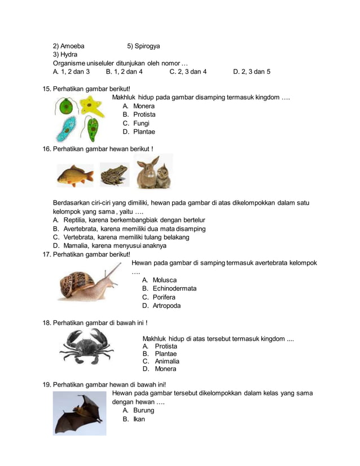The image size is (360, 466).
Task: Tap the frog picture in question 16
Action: click(x=114, y=175)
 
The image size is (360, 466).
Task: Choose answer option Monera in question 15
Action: click(x=143, y=106)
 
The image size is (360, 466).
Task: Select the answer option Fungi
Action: click(x=142, y=123)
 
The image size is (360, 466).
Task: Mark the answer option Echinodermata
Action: click(x=174, y=288)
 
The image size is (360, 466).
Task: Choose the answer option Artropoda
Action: click(x=166, y=306)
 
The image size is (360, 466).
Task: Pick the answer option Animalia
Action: click(x=167, y=361)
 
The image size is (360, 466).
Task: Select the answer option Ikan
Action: click(x=139, y=419)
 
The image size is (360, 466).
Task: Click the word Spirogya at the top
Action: click(x=147, y=46)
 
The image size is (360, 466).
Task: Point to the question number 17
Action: click(x=47, y=254)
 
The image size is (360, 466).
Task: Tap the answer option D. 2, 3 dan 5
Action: click(x=252, y=72)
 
